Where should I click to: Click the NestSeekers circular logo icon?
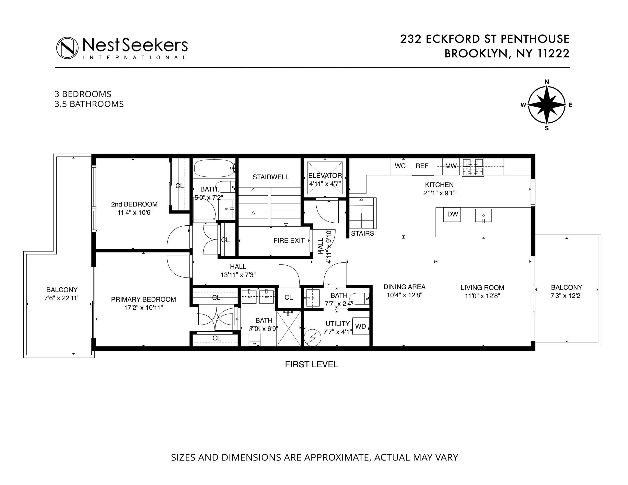pyautogui.click(x=67, y=48)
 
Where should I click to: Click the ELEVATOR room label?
pyautogui.click(x=325, y=176)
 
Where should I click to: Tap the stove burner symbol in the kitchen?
pyautogui.click(x=473, y=167)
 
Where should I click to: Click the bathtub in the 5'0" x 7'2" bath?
pyautogui.click(x=214, y=168)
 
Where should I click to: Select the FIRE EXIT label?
pyautogui.click(x=289, y=240)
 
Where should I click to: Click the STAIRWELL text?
pyautogui.click(x=271, y=177)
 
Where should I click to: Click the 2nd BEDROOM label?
pyautogui.click(x=134, y=204)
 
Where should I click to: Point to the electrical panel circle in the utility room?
pyautogui.click(x=313, y=338)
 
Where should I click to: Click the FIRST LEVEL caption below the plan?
pyautogui.click(x=311, y=364)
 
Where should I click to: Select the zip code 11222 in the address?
pyautogui.click(x=553, y=53)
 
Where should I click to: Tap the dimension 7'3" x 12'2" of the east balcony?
pyautogui.click(x=566, y=296)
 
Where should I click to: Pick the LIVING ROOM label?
pyautogui.click(x=482, y=288)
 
